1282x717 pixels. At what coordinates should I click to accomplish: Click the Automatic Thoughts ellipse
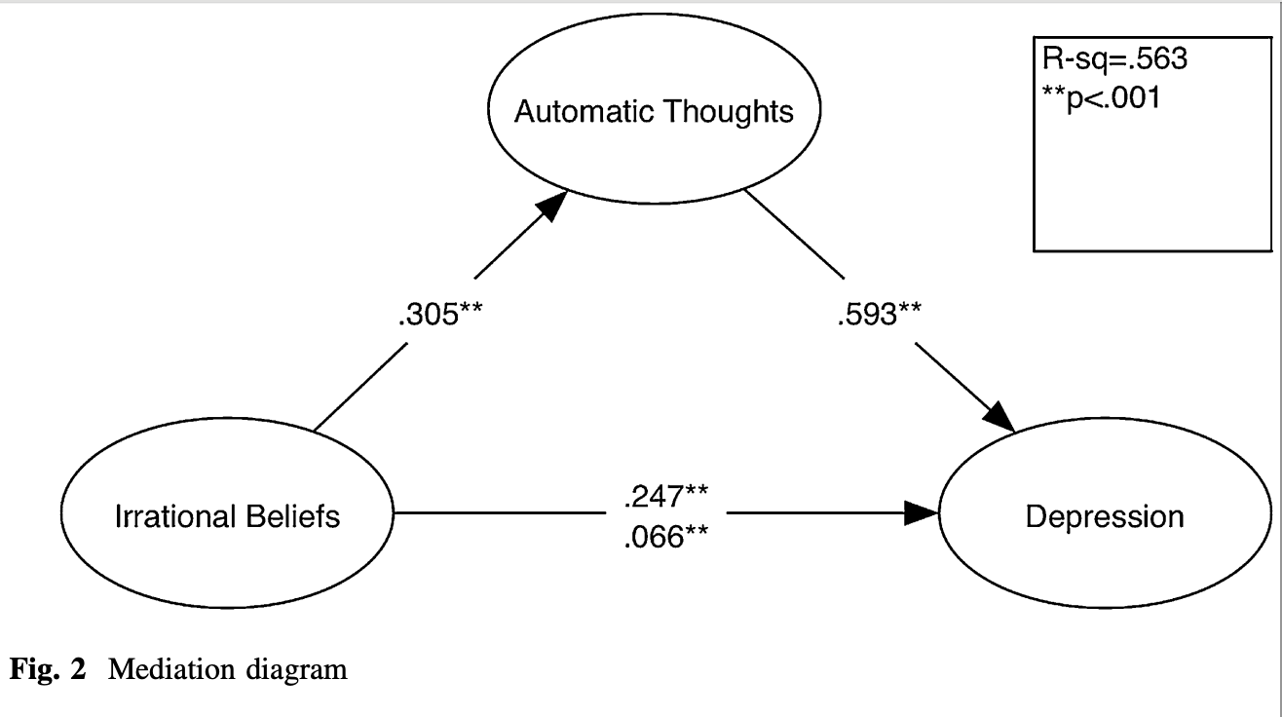point(653,112)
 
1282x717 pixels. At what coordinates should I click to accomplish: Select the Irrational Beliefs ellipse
point(227,514)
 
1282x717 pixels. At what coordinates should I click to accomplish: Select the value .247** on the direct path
point(665,496)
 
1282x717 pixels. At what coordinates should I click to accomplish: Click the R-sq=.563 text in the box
point(1110,60)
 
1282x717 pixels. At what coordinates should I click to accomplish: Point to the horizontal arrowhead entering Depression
point(923,513)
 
